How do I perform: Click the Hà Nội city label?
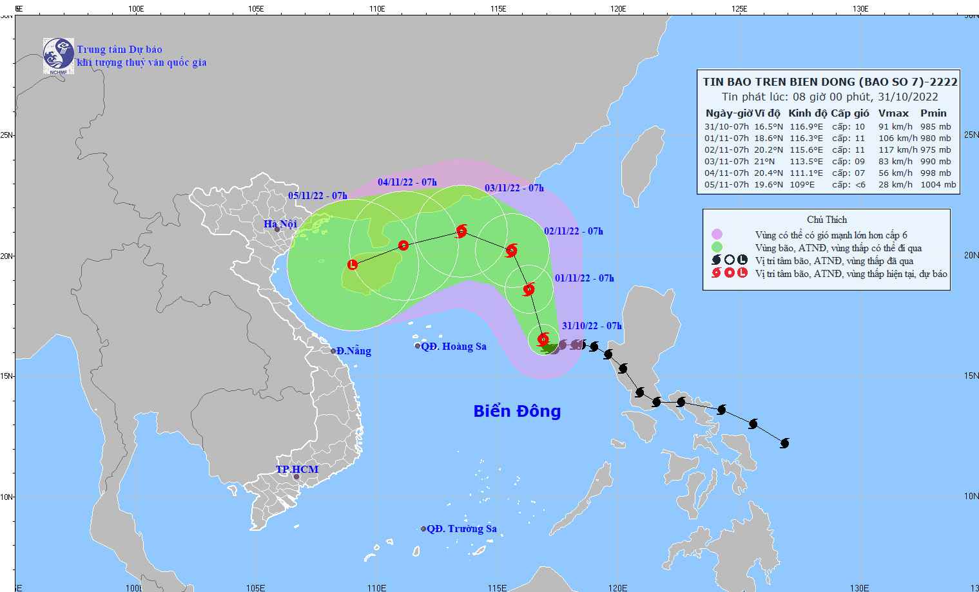280,224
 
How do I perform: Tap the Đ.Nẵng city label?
354,351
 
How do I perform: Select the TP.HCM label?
297,470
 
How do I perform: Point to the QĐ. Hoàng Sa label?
454,347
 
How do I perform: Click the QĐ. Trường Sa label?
461,529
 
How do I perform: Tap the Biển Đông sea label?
517,411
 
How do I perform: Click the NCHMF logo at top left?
58,55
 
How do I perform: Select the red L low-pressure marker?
353,265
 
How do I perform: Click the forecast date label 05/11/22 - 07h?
317,196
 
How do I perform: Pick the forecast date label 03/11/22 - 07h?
514,188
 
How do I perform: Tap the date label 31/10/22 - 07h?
592,326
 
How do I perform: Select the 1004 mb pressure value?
938,185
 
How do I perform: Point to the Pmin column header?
933,113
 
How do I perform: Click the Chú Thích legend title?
827,220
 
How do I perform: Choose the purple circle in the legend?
717,234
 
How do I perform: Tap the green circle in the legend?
717,247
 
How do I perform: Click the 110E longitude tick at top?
377,8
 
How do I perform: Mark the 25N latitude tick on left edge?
6,135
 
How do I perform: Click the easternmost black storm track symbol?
784,443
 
